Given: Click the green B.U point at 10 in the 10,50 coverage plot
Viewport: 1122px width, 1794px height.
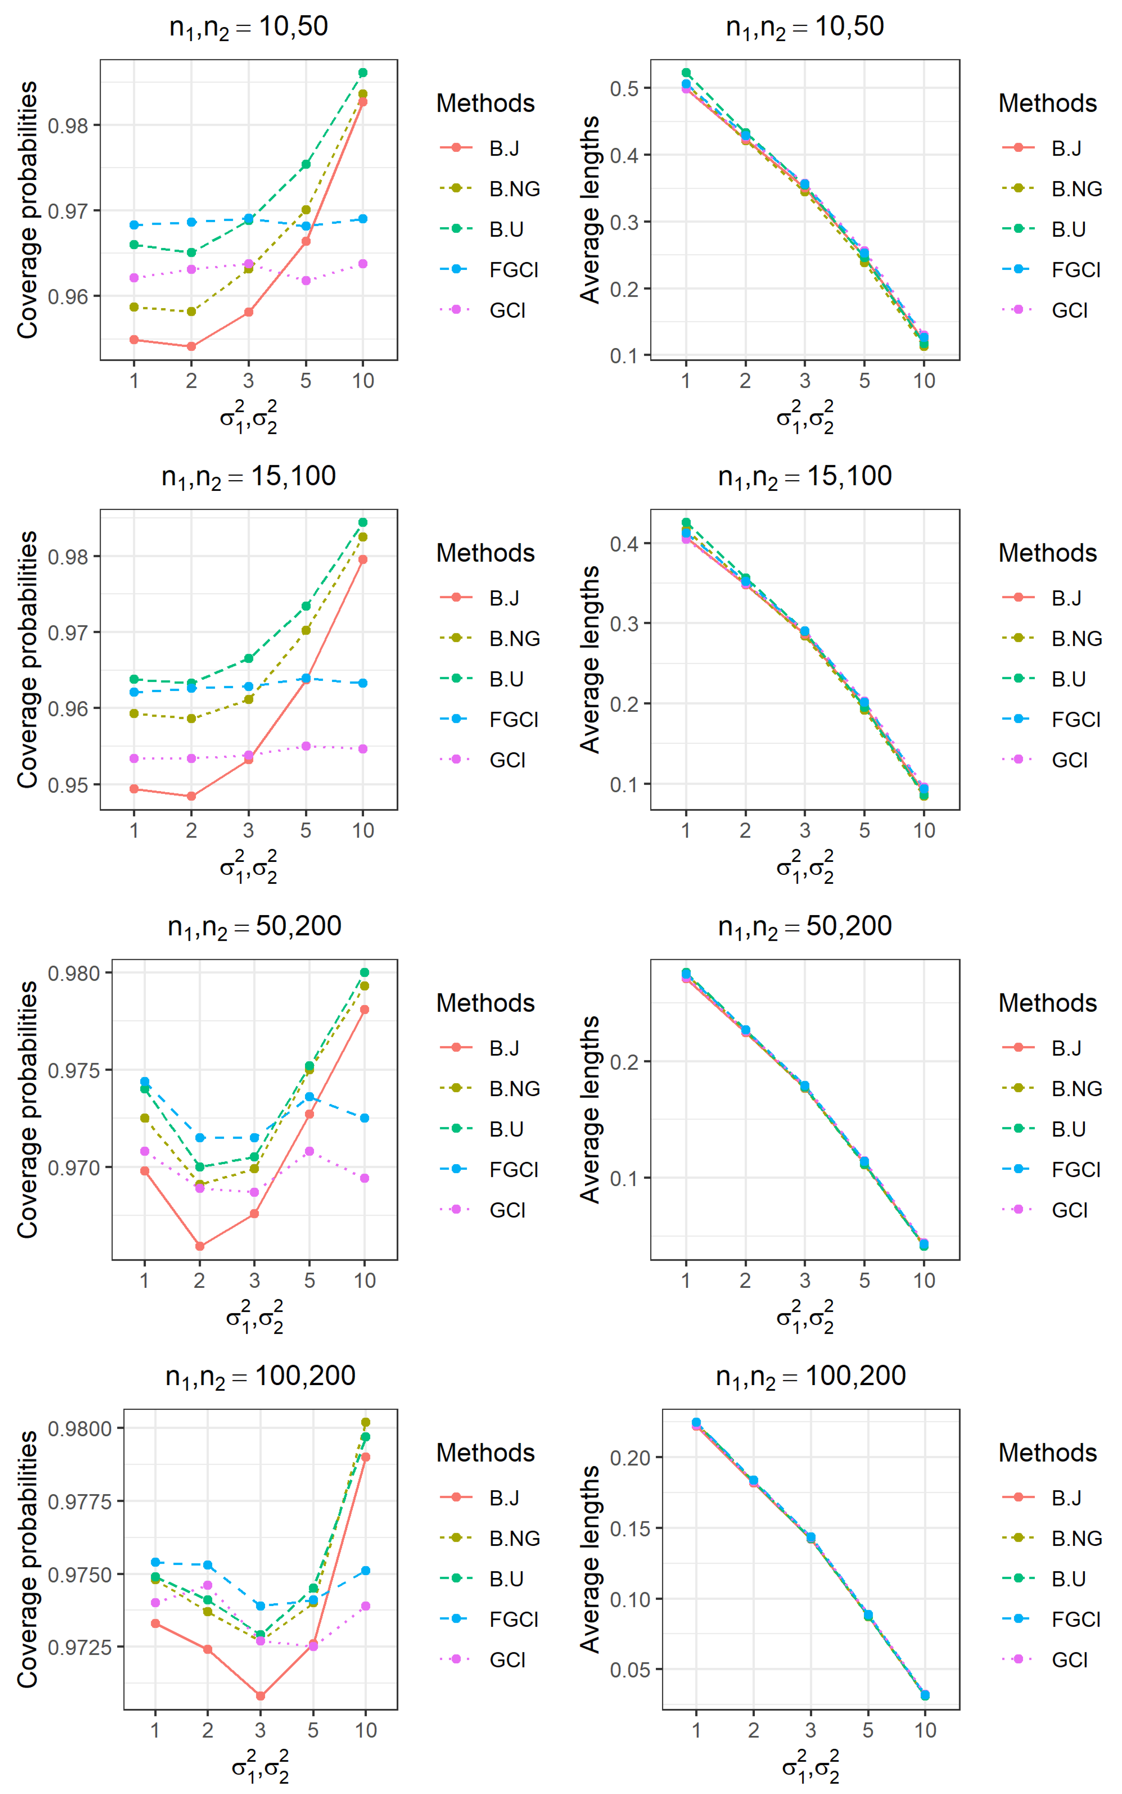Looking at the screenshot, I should click(x=363, y=73).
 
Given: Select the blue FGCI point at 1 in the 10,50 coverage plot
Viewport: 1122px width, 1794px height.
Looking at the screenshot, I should click(x=134, y=225).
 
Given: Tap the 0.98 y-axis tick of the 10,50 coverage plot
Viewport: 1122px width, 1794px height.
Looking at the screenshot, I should click(x=68, y=125).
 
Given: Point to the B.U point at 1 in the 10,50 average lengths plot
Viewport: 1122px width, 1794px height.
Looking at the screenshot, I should click(x=686, y=73).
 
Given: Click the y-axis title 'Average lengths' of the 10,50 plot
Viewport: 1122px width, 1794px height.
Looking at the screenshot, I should click(x=590, y=210).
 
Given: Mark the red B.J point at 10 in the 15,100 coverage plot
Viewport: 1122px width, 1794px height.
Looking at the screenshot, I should click(x=363, y=559).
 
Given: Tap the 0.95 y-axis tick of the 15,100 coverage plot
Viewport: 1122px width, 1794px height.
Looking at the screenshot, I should click(x=68, y=785).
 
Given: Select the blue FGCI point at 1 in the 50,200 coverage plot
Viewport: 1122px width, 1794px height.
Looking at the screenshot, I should click(x=145, y=1082).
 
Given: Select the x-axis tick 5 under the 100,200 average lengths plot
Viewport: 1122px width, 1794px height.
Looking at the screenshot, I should click(x=867, y=1730).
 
